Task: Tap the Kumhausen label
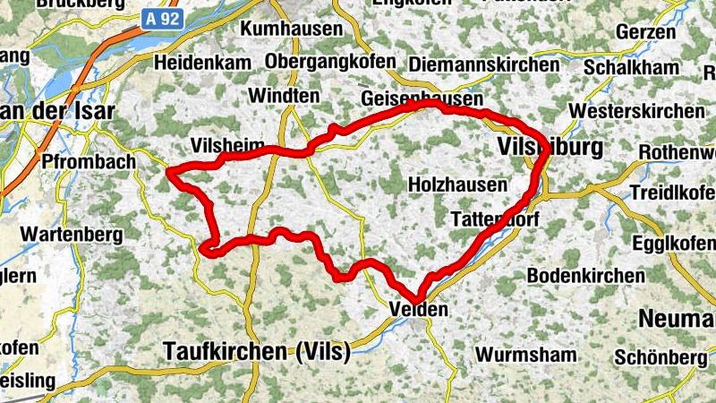click(x=292, y=29)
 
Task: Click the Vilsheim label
click(x=227, y=145)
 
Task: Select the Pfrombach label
click(x=88, y=162)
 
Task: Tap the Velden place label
click(x=417, y=310)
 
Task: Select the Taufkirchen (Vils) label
click(x=256, y=352)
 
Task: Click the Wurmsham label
click(x=526, y=355)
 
